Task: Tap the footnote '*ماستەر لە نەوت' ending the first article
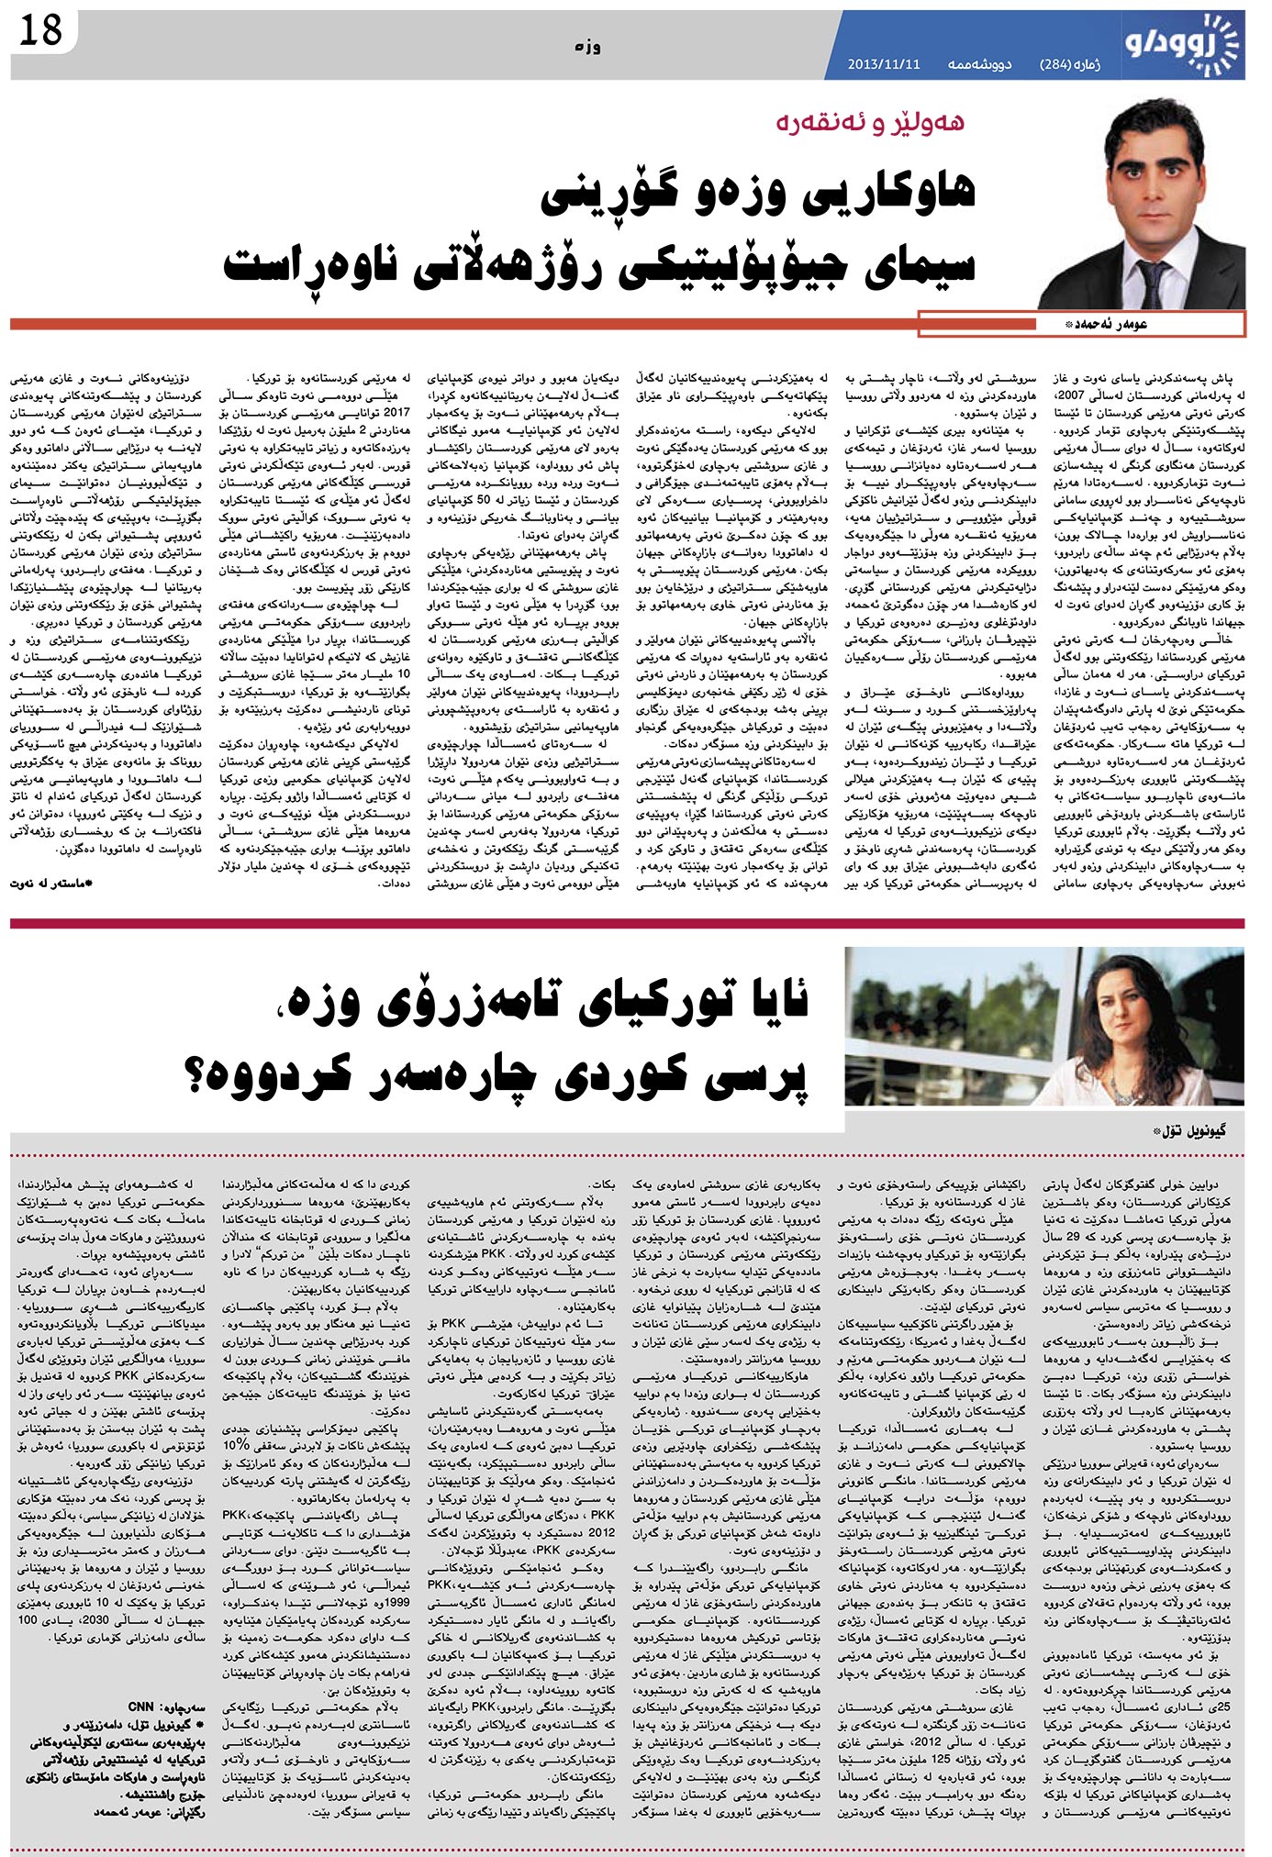[55, 883]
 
